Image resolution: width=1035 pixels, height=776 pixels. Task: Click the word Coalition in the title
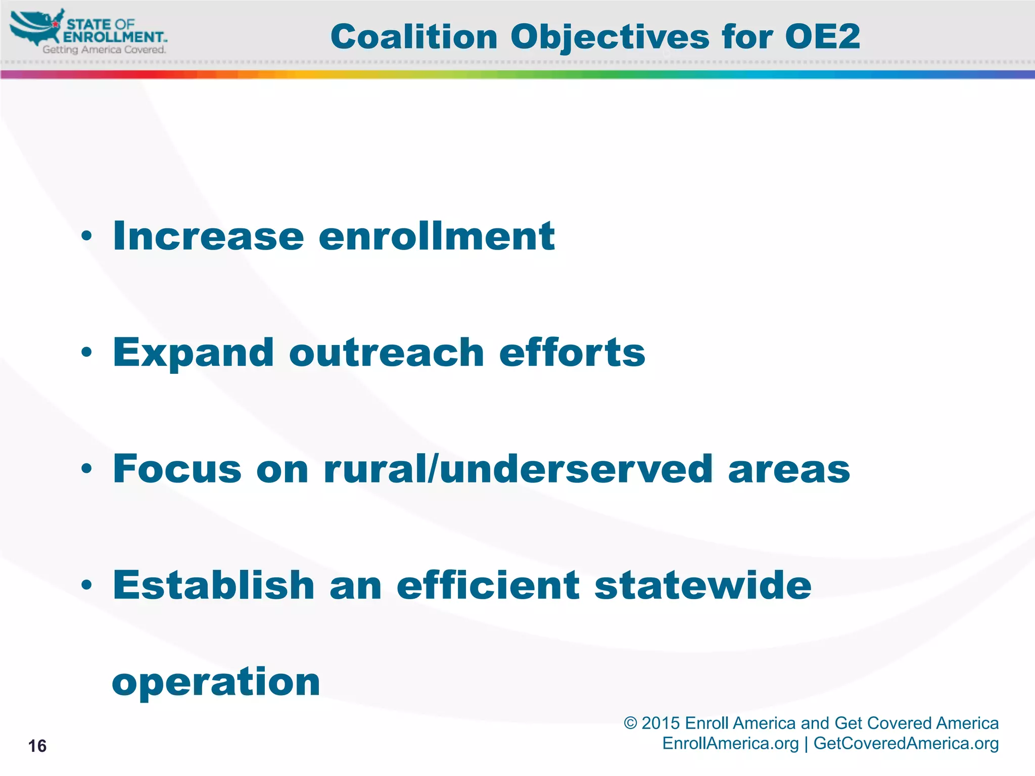click(x=414, y=37)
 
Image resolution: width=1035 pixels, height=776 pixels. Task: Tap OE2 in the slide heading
click(x=822, y=37)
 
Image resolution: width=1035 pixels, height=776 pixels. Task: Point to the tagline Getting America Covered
click(x=104, y=50)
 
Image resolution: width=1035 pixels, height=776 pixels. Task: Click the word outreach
click(x=387, y=352)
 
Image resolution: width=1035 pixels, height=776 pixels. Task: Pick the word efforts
click(x=572, y=352)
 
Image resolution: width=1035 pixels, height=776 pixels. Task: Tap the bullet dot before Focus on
click(x=86, y=468)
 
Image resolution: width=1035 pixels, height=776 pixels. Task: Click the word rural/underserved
click(x=518, y=468)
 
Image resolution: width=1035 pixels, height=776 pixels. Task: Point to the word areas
click(x=789, y=468)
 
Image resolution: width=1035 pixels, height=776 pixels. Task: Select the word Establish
click(x=214, y=585)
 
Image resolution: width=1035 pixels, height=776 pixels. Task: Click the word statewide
click(x=702, y=585)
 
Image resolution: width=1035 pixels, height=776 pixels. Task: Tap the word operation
click(x=216, y=682)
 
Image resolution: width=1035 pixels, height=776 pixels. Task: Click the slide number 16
click(x=37, y=746)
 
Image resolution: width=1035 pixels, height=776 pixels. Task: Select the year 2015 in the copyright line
click(x=661, y=723)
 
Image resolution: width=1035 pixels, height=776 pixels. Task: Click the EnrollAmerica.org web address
click(x=730, y=743)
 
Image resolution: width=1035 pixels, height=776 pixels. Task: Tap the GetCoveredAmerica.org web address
click(x=906, y=743)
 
